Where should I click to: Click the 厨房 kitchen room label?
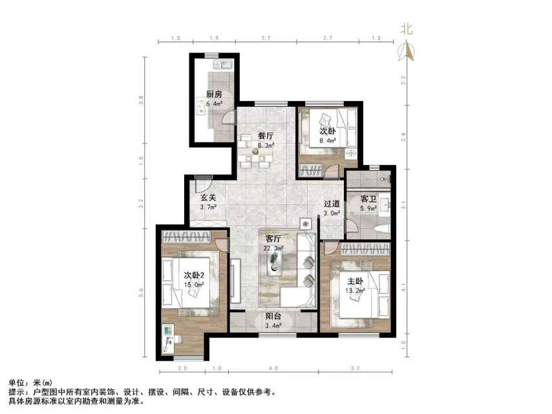coord(214,94)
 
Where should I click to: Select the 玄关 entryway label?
coord(207,198)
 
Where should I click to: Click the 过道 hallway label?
coord(332,204)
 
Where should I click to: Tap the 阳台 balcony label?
coord(273,316)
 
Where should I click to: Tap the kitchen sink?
coord(225,65)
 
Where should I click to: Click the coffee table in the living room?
coord(276,263)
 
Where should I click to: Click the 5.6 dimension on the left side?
coord(141,292)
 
